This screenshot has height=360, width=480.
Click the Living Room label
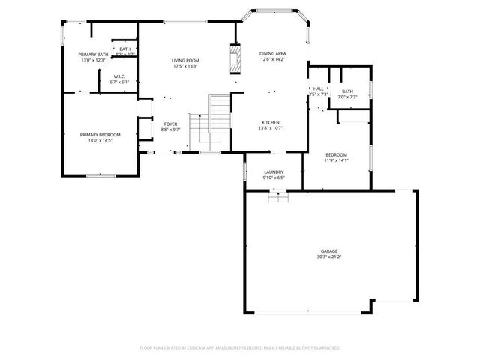185,61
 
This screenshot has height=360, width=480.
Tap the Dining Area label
272,53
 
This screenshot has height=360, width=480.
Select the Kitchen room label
271,122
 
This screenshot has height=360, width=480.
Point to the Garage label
329,250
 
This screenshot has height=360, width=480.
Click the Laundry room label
273,172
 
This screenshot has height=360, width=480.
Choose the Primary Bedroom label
100,135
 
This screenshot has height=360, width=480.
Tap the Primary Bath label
94,55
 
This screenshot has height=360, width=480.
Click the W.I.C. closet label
120,76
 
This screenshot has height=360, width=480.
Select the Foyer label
171,124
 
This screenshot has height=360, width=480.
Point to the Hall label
319,88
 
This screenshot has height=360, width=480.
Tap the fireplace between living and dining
236,58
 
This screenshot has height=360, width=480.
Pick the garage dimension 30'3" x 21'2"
329,256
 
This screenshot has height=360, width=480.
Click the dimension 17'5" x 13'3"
185,67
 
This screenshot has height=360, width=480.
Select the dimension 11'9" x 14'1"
336,160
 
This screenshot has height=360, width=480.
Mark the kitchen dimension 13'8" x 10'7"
271,128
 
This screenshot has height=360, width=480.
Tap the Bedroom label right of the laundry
336,154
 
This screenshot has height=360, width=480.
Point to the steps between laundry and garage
278,196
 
